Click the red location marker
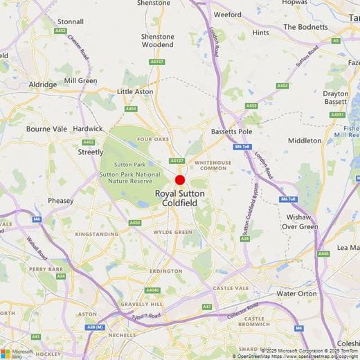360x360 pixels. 180,180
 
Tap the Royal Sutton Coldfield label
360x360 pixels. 180,198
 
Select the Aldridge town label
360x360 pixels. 43,84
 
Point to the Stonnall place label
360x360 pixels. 70,21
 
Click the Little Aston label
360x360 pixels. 134,91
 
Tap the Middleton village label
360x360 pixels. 305,141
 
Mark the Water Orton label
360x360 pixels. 296,294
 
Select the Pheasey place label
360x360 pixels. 61,201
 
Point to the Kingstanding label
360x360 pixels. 96,235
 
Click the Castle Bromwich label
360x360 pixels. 256,322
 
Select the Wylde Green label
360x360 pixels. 172,232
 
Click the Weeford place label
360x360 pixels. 228,14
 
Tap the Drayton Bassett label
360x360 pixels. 336,98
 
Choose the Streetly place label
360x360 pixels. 91,152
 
